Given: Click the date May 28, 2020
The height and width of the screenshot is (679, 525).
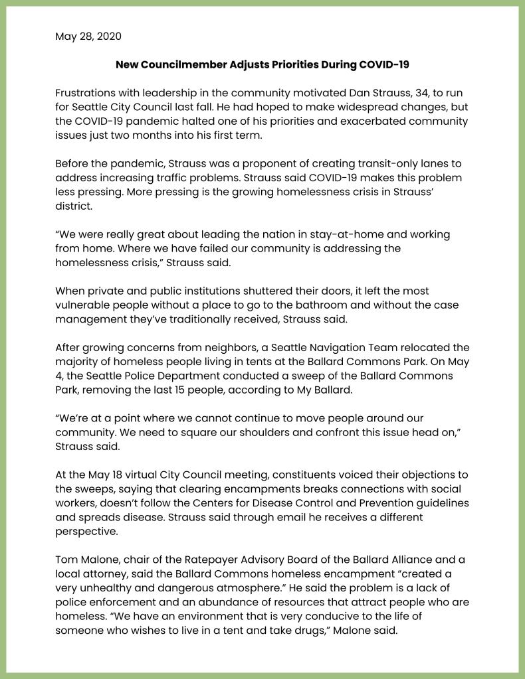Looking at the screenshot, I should (x=88, y=36).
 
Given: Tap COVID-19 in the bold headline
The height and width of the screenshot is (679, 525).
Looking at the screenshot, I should (x=384, y=64).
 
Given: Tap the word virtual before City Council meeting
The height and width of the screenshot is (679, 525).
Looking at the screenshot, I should (x=132, y=474).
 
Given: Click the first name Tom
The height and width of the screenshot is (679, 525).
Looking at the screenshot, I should (x=66, y=558).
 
